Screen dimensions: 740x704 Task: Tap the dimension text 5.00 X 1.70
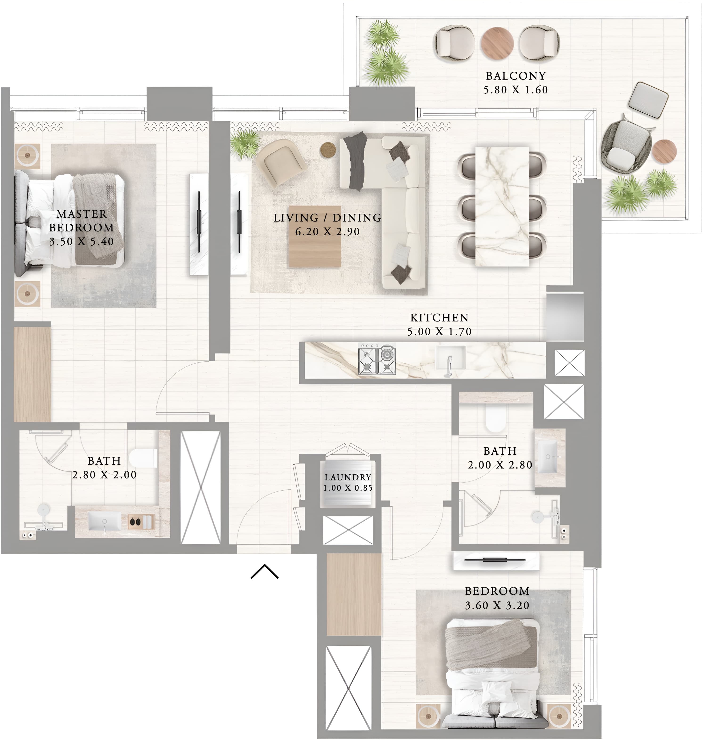pos(439,332)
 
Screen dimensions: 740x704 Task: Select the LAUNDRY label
pos(348,477)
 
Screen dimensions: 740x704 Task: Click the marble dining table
pos(502,206)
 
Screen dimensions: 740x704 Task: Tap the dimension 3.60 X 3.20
pos(497,605)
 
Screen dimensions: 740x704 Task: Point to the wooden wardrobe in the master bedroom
pos(32,374)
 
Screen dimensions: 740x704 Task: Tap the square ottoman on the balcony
pos(648,100)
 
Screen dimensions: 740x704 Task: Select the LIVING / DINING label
pos(327,218)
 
